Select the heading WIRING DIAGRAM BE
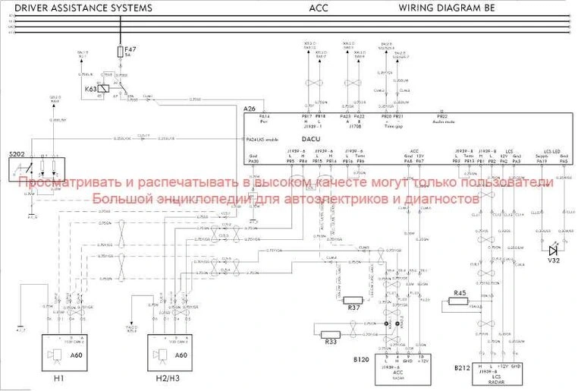(x=447, y=8)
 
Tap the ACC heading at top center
(x=319, y=8)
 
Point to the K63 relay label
(x=91, y=89)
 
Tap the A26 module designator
(x=249, y=109)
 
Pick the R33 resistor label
(x=331, y=342)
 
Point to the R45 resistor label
(x=459, y=292)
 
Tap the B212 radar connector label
(x=462, y=367)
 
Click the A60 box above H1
(x=75, y=355)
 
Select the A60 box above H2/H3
(x=181, y=355)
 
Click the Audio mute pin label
(x=444, y=121)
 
